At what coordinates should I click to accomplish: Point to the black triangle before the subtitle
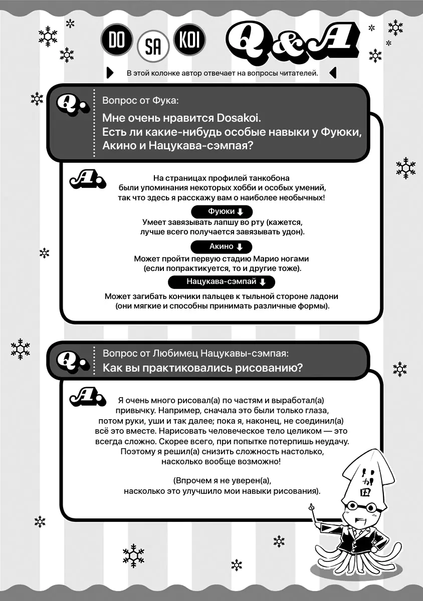coord(110,73)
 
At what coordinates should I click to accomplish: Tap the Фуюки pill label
coord(221,211)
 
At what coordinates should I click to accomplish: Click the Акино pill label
coord(221,246)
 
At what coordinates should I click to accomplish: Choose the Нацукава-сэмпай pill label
coord(221,281)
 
